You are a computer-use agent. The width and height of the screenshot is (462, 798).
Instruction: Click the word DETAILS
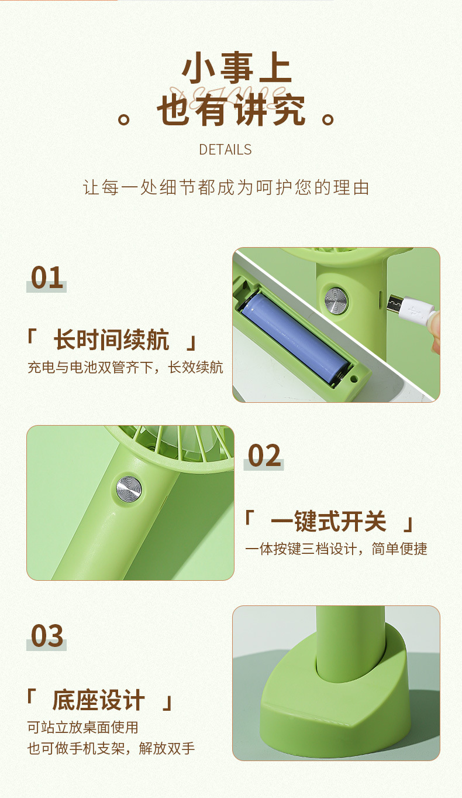pyautogui.click(x=225, y=150)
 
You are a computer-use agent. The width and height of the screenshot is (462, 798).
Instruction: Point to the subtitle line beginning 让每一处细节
pyautogui.click(x=226, y=188)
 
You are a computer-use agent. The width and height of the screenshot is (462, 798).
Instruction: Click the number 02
pyautogui.click(x=264, y=455)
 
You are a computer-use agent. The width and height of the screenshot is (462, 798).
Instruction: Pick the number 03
pyautogui.click(x=47, y=636)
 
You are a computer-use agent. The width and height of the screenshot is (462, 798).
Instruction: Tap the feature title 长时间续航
pyautogui.click(x=111, y=340)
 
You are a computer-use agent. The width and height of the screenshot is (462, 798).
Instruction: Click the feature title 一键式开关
pyautogui.click(x=329, y=521)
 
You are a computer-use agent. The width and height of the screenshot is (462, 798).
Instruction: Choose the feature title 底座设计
pyautogui.click(x=98, y=700)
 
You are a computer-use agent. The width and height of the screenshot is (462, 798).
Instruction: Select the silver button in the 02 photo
pyautogui.click(x=129, y=488)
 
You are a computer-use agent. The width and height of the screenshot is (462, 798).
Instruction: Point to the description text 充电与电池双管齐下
pyautogui.click(x=125, y=368)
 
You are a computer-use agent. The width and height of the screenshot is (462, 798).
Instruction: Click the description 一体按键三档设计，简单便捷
pyautogui.click(x=336, y=549)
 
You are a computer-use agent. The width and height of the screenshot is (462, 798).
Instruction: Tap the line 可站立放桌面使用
pyautogui.click(x=82, y=727)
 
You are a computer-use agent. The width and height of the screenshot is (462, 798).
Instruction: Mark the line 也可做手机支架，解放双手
pyautogui.click(x=111, y=748)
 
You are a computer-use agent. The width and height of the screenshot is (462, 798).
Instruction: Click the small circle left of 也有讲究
pyautogui.click(x=123, y=119)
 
